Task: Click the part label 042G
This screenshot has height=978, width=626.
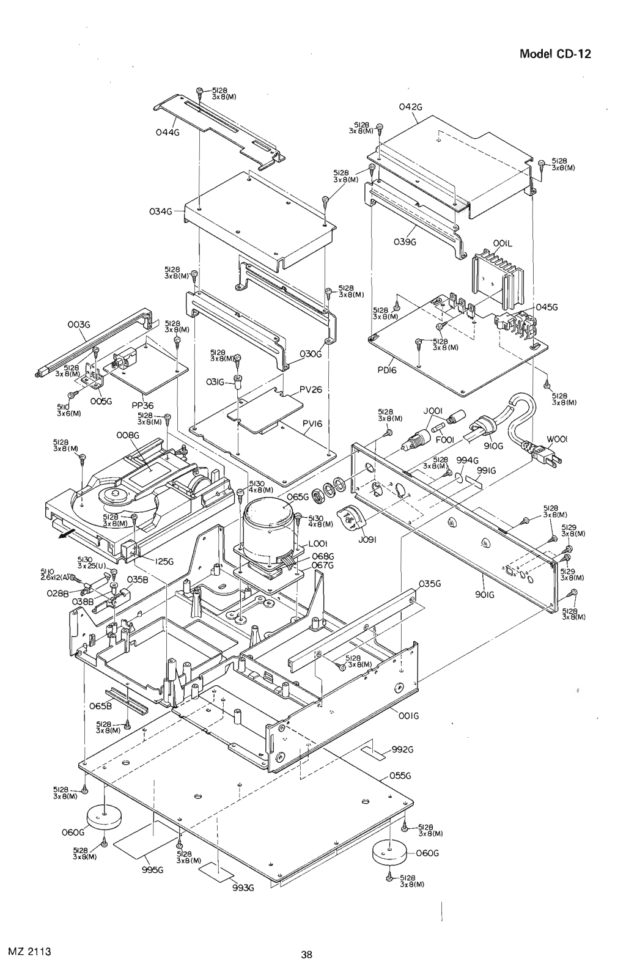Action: pyautogui.click(x=410, y=106)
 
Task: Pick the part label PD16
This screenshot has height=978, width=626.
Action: pyautogui.click(x=386, y=370)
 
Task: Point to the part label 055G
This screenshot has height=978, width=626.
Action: pyautogui.click(x=398, y=776)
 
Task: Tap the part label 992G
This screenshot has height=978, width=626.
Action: pyautogui.click(x=403, y=749)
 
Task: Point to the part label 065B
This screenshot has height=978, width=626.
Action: pyautogui.click(x=100, y=707)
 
